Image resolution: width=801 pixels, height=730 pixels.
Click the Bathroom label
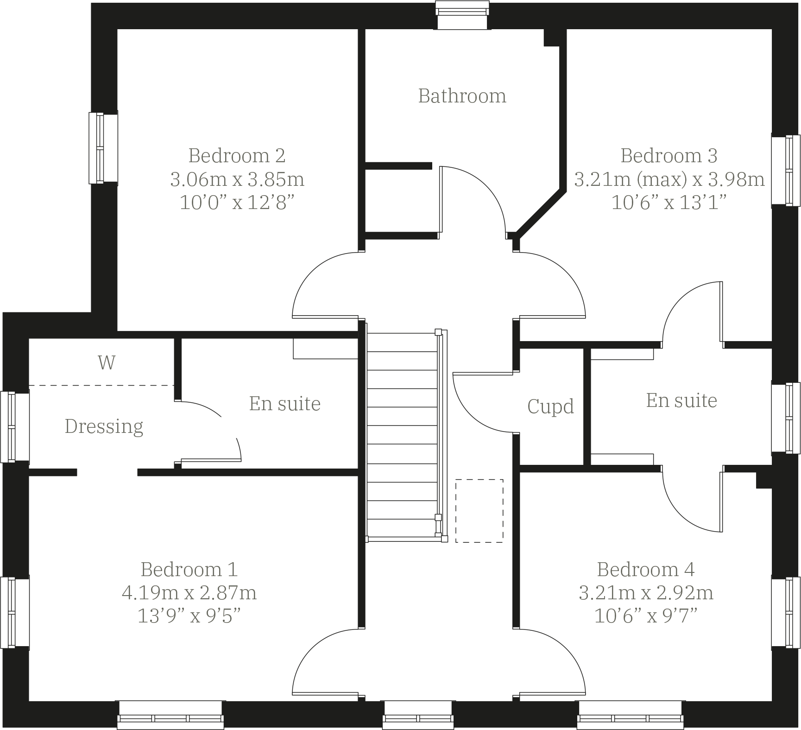coord(462,96)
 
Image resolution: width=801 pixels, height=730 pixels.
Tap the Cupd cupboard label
coord(550,406)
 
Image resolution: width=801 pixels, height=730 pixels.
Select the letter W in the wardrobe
coord(107,362)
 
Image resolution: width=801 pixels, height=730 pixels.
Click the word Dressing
coord(104,426)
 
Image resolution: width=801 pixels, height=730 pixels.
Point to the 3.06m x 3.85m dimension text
coord(237,179)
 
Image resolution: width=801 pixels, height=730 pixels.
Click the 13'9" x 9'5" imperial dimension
coord(189,616)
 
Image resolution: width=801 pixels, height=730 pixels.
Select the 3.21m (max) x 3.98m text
coord(669,179)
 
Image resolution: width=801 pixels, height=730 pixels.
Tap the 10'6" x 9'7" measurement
coord(646,616)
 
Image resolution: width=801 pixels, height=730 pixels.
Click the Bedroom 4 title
coord(646,569)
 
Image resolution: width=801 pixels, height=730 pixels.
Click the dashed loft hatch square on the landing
coord(479,511)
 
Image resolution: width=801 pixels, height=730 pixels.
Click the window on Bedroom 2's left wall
coord(103,148)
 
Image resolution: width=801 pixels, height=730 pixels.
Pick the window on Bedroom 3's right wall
coord(786,170)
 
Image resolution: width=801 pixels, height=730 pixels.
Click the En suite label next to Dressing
coord(284,404)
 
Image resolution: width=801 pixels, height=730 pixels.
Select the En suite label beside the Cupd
coord(681,400)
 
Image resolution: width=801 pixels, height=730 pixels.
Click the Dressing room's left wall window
coord(14,427)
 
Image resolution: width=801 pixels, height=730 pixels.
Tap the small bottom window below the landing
coord(418,715)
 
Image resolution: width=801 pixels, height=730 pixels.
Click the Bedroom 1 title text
coord(189,569)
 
